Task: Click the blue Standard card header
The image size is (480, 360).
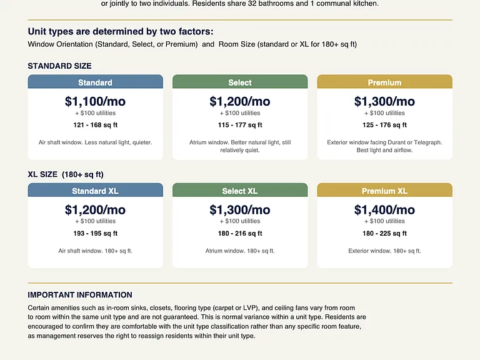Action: point(95,82)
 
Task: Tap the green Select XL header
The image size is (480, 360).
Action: point(240,190)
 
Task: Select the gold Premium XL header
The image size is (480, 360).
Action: point(384,190)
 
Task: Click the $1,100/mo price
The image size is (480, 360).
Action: point(95,101)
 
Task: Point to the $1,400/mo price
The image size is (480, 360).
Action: point(384,210)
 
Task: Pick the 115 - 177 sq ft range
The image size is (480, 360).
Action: point(240,125)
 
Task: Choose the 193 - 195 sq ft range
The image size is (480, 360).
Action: point(95,233)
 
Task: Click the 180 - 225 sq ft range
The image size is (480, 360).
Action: point(384,233)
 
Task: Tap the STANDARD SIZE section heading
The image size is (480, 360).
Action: point(60,66)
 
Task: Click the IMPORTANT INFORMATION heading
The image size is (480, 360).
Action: point(80,295)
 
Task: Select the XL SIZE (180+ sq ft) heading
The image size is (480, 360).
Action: point(66,174)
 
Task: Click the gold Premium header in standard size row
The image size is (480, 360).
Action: point(384,82)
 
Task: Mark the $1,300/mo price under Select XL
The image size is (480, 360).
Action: point(240,210)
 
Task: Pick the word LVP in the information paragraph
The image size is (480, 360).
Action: point(249,307)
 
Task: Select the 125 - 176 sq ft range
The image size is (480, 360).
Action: point(384,125)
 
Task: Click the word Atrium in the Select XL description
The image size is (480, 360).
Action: point(214,251)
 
